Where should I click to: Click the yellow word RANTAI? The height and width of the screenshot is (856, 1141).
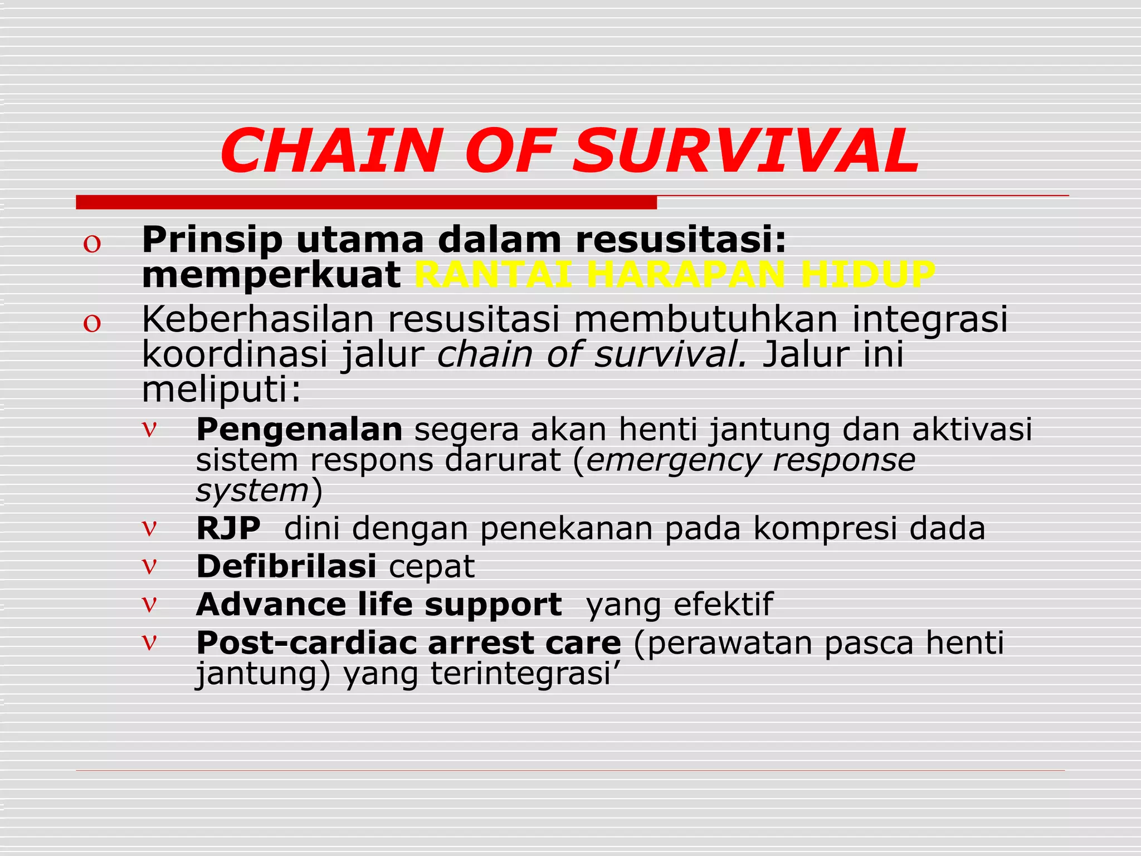493,275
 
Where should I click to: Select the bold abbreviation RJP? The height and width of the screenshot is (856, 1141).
228,528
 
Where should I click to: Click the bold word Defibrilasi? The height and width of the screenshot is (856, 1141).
286,566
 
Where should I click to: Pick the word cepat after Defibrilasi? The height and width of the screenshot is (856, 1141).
431,567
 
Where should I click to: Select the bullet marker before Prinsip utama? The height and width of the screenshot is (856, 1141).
92,244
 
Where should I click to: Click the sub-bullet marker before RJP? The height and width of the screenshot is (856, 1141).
149,527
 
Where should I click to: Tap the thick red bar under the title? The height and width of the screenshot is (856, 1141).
366,202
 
